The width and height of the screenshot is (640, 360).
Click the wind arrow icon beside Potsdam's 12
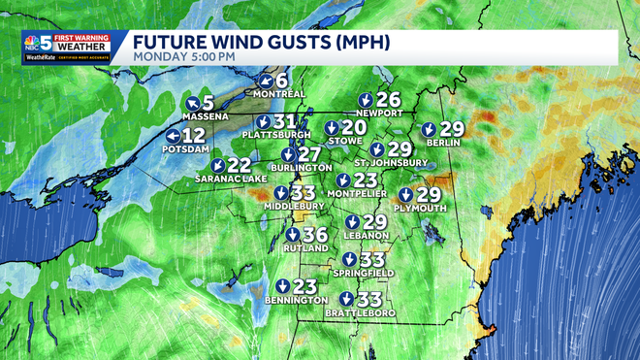[172, 136]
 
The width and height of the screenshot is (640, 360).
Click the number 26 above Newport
[388, 99]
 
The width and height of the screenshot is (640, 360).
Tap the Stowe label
[346, 142]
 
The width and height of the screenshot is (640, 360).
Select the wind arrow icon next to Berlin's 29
[428, 129]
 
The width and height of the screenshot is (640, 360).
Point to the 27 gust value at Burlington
[309, 154]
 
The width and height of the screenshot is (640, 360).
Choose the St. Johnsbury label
[384, 162]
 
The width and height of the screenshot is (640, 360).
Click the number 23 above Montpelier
[365, 180]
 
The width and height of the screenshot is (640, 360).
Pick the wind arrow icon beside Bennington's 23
[281, 286]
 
